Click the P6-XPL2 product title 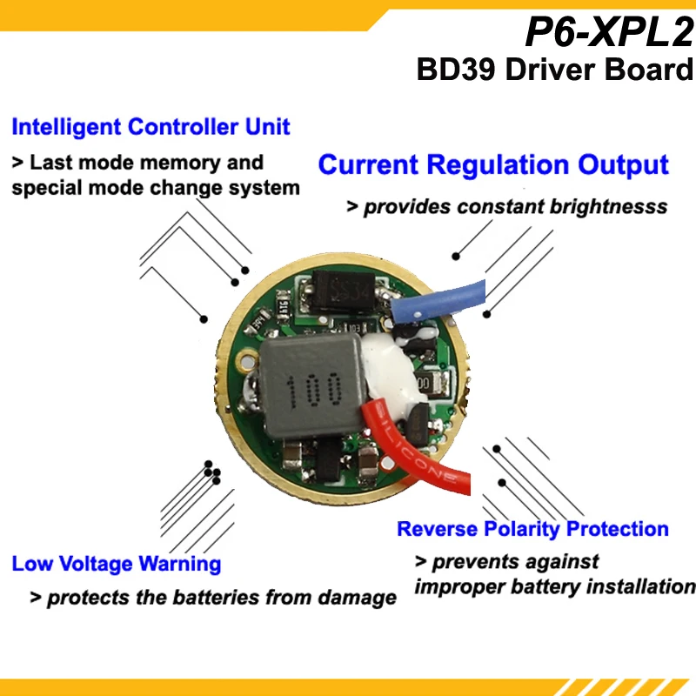point(608,33)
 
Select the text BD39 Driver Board point(554,70)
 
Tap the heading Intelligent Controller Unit point(151,127)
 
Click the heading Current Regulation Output point(493,164)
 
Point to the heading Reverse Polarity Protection point(532,529)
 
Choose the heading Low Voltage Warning point(117,564)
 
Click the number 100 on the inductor point(310,390)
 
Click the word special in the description point(44,187)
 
